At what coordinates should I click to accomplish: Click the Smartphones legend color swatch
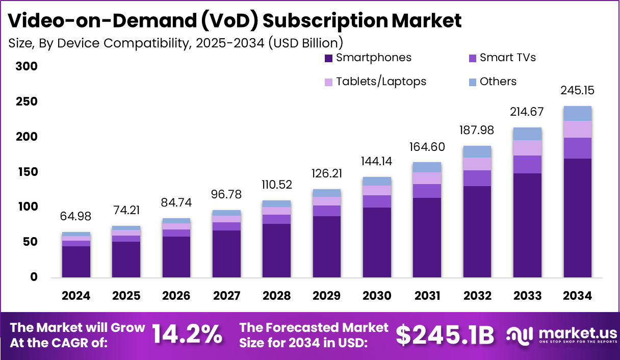pyautogui.click(x=328, y=58)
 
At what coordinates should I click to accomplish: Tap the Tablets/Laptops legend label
pyautogui.click(x=381, y=82)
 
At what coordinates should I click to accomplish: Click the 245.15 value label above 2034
pyautogui.click(x=577, y=91)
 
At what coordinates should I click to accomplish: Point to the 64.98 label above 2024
pyautogui.click(x=76, y=217)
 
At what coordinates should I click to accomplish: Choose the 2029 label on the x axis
pyautogui.click(x=327, y=296)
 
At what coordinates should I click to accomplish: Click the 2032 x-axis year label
pyautogui.click(x=477, y=296)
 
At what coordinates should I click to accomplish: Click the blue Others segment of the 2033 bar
pyautogui.click(x=527, y=134)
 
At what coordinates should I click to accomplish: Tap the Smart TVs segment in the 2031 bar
pyautogui.click(x=427, y=191)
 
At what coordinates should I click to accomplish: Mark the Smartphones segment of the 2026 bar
pyautogui.click(x=176, y=256)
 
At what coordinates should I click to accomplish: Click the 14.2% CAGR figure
pyautogui.click(x=187, y=335)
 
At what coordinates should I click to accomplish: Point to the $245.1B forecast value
pyautogui.click(x=445, y=335)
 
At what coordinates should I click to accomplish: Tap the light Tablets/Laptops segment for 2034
pyautogui.click(x=577, y=129)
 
